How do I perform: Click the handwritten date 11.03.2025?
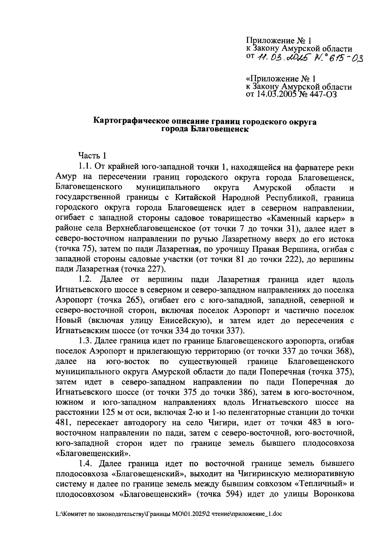click(282, 58)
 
